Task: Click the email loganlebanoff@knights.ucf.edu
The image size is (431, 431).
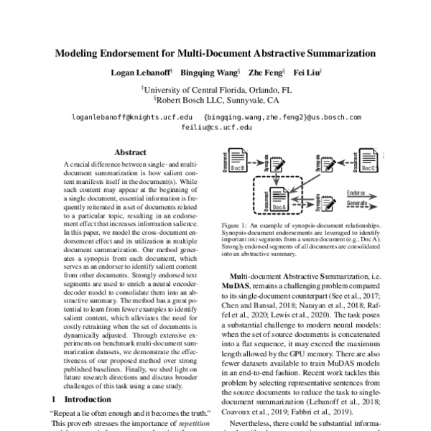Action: click(x=132, y=116)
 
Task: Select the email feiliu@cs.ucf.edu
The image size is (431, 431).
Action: click(x=215, y=126)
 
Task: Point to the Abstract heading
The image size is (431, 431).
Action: click(x=131, y=152)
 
